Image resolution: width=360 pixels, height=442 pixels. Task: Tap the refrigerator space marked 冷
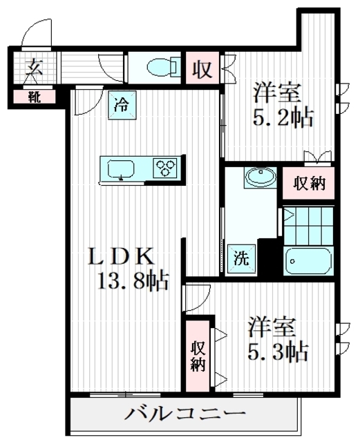click(122, 105)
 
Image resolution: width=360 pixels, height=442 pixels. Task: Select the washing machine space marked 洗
click(242, 258)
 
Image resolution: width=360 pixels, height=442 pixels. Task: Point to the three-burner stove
click(165, 168)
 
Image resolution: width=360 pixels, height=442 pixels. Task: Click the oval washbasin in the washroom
click(260, 177)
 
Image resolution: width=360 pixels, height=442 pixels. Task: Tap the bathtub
click(308, 260)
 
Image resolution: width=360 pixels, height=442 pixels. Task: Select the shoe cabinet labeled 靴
click(35, 97)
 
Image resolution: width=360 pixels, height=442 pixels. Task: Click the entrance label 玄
click(34, 67)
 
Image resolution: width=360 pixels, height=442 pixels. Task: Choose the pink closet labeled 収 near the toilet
click(202, 68)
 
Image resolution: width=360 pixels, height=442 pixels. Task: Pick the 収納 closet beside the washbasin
click(309, 183)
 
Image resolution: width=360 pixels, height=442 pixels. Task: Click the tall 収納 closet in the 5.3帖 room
click(198, 356)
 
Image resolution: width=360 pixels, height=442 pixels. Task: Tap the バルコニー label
click(185, 413)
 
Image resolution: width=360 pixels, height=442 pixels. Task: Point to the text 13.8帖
click(133, 280)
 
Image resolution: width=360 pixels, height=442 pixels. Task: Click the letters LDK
click(122, 256)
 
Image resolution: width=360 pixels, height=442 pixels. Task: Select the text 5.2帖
click(283, 117)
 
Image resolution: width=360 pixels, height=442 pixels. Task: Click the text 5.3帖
click(278, 352)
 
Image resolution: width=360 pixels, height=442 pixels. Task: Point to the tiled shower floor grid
click(309, 226)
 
